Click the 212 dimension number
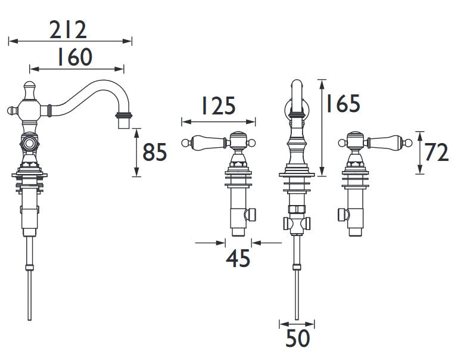[x=68, y=30]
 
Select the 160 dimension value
[x=75, y=57]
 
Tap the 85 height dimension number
[x=155, y=152]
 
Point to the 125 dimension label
[x=219, y=105]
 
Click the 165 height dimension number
[x=343, y=104]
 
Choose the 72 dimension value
[x=436, y=153]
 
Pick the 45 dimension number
[x=238, y=259]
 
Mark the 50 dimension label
[x=298, y=339]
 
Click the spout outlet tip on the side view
[x=124, y=124]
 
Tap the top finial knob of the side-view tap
[x=30, y=86]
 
